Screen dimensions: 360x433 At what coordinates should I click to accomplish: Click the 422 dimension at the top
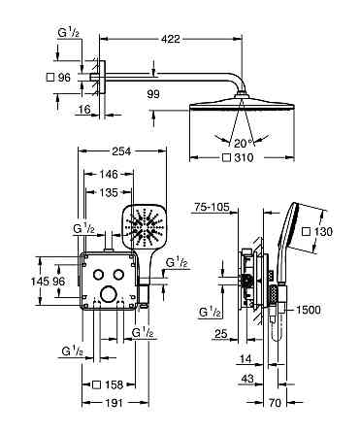[171, 39]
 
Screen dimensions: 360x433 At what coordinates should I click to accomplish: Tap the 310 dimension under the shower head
[244, 157]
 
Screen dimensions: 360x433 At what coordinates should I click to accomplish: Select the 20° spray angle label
[242, 143]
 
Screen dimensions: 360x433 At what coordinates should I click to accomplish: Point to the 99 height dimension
[153, 94]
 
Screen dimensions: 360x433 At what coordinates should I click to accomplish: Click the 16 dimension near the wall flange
[84, 110]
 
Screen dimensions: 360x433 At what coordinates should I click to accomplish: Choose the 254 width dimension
[121, 151]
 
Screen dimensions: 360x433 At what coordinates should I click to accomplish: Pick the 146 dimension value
[109, 174]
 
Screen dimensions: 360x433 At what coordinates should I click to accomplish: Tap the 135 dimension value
[109, 192]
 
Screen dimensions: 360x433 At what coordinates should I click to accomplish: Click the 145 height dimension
[39, 282]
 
